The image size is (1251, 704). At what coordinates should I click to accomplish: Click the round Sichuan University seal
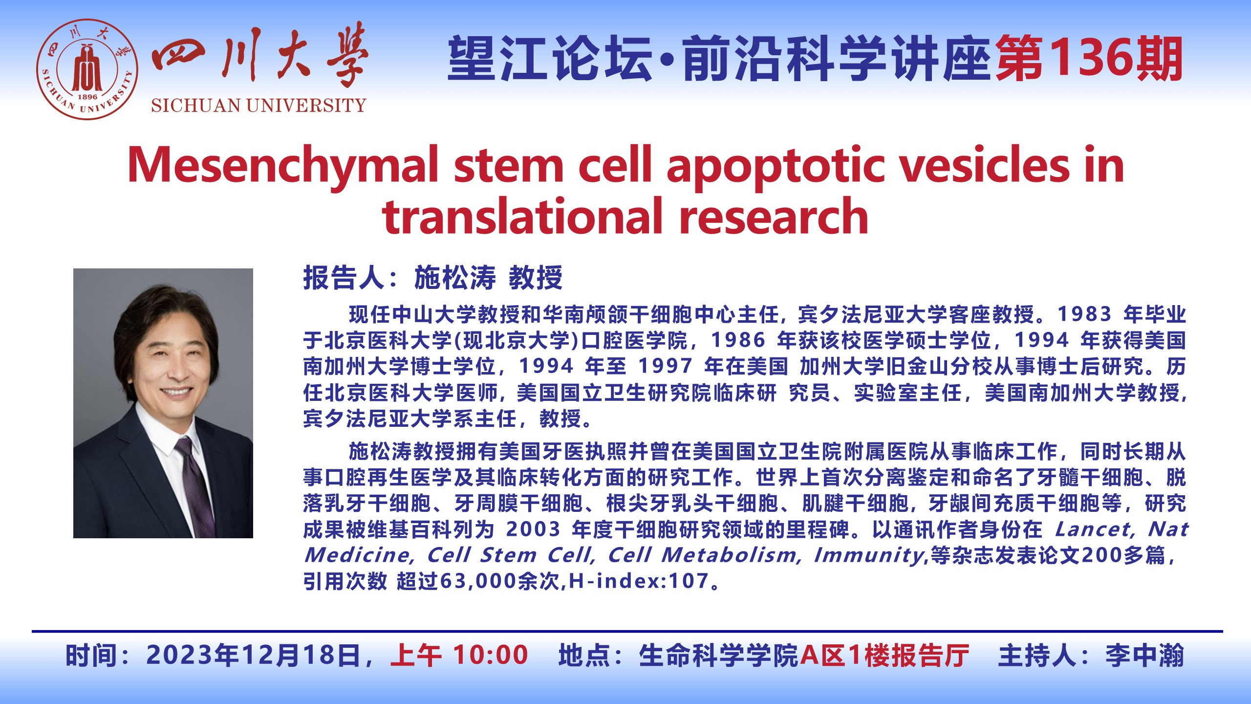coord(87,69)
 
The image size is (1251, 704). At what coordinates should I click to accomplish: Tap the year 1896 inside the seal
coord(87,97)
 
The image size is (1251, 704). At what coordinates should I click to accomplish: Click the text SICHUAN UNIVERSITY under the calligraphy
coord(259,106)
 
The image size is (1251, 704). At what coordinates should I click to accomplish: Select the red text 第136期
coord(1089,59)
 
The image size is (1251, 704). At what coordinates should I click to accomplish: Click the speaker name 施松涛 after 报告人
coord(455,278)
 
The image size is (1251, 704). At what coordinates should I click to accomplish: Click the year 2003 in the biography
coord(533,529)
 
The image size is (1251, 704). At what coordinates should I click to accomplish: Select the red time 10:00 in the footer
coord(491,655)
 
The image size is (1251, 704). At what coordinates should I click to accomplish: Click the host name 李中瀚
coord(1145,655)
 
